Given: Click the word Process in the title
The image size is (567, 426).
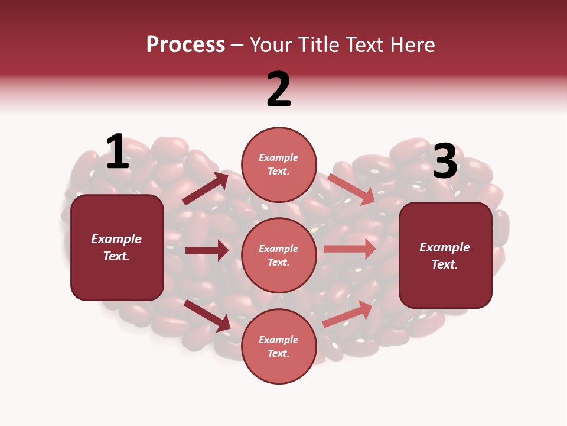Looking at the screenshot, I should pos(185,45).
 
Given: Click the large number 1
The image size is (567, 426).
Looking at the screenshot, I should pos(118,152).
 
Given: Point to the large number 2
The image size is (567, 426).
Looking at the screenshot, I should pos(279,89).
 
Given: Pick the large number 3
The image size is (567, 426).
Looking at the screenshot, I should pos(445,162).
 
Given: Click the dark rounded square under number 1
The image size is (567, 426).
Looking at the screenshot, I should pos(117,247).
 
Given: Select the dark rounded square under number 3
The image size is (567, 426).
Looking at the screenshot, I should pos(445,256).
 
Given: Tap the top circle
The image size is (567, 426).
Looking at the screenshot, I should pos(279,164).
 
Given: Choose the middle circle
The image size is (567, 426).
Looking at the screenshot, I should pos(279,255).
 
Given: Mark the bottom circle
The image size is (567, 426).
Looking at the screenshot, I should pos(279,346).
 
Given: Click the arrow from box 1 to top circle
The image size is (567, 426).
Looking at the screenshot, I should pos(206,189).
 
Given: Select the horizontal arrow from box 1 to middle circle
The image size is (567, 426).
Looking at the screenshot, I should pos(207,250).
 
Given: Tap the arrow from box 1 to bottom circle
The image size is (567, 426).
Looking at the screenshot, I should pos(207,315).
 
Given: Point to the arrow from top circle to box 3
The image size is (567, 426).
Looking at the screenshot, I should pos(351,189).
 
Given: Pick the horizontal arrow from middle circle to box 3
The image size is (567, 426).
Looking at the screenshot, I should pos(350,248).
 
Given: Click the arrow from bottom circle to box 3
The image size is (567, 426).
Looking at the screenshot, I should pos(349,314).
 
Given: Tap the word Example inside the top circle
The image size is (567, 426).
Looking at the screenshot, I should pos(279,157).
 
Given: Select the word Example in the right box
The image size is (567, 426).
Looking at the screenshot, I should pos(445,247).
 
